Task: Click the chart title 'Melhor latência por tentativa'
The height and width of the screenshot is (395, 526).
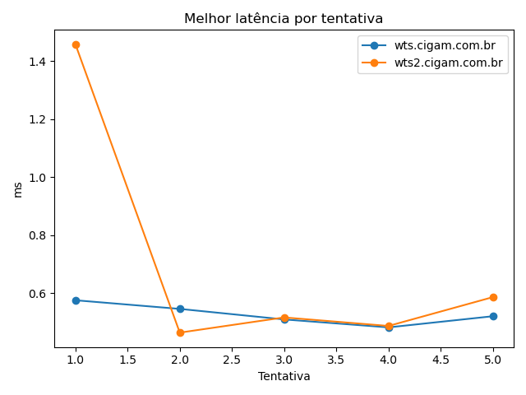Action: [284, 18]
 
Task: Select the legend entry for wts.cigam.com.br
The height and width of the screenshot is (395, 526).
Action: [428, 45]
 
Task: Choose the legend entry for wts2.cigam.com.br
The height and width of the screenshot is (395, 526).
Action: [432, 63]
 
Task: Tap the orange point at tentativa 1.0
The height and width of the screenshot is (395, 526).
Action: [76, 44]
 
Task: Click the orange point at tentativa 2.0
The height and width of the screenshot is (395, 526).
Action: [180, 332]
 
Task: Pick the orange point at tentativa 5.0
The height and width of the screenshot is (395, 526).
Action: [493, 297]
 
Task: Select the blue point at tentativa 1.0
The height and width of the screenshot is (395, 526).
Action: [76, 300]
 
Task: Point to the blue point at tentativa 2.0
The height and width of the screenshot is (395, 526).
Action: [180, 309]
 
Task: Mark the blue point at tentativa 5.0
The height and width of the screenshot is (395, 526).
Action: [493, 316]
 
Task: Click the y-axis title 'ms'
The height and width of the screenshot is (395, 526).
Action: [17, 190]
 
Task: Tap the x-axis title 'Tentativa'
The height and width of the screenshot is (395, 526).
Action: [284, 376]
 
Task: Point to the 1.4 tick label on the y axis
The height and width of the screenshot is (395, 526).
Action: [37, 62]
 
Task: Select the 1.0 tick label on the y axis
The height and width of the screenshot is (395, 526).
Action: [37, 178]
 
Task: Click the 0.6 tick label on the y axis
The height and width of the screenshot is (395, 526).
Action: [37, 294]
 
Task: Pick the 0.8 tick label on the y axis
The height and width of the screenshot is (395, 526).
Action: [37, 236]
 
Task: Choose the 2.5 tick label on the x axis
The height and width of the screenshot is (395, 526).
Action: [232, 360]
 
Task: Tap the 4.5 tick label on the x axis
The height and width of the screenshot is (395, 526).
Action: [441, 360]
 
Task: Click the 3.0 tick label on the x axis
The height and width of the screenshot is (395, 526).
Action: [284, 360]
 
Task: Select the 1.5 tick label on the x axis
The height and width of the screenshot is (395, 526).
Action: [128, 360]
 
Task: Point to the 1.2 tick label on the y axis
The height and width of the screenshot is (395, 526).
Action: [37, 120]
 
